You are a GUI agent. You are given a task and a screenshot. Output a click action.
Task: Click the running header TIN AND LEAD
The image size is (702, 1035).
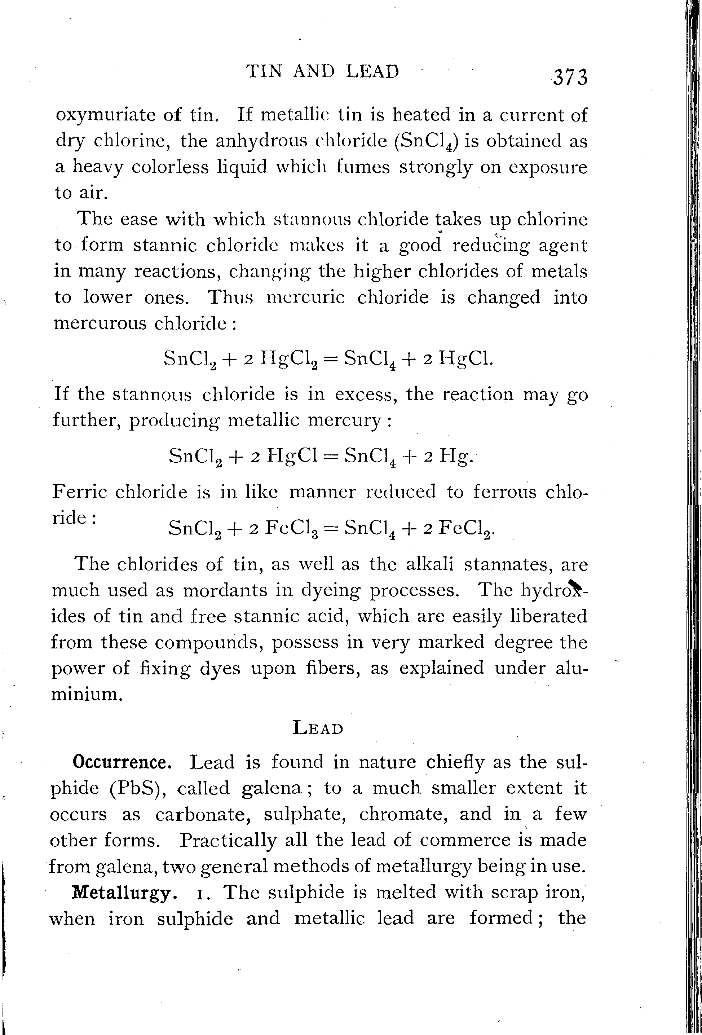pyautogui.click(x=323, y=71)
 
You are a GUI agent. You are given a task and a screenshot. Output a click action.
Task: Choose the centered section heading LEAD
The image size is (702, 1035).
pyautogui.click(x=318, y=728)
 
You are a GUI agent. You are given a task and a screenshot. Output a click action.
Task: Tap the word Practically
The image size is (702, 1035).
pyautogui.click(x=228, y=840)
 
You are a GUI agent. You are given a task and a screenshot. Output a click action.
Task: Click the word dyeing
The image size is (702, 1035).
pyautogui.click(x=330, y=591)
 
